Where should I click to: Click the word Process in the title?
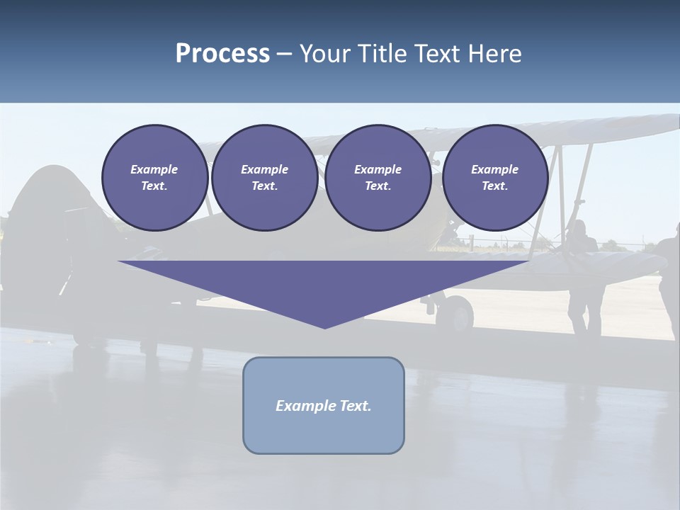coord(222,54)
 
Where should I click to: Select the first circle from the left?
coord(154,177)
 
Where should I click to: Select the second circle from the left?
coord(264,177)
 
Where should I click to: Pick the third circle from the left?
coord(378,177)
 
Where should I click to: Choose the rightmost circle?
coord(494,177)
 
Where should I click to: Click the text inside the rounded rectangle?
coord(324,406)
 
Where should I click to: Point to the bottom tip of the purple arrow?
coord(324,327)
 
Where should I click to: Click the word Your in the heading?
coord(325,54)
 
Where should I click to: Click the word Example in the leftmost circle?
coord(154,169)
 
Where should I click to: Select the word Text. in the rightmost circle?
coord(494,186)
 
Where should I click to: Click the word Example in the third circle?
coord(378,169)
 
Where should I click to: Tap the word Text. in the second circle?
coord(264,186)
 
